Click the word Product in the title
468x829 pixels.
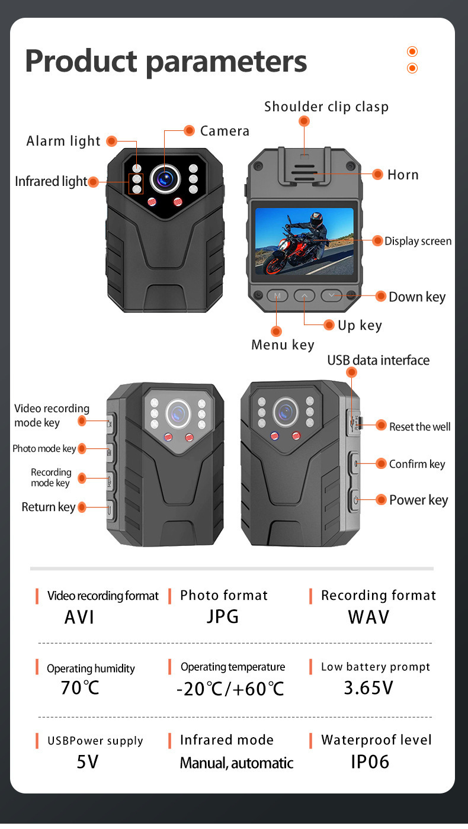79,62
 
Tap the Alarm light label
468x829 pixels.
63,141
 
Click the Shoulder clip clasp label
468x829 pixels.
326,107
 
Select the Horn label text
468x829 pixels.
403,175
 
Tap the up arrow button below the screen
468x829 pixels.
304,295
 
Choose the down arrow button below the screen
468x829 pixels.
332,295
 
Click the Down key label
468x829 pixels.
417,297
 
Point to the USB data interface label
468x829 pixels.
378,361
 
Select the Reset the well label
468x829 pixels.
419,426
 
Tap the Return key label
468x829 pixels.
49,507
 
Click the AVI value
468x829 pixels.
79,617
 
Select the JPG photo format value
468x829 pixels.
223,616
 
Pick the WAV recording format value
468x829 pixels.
368,617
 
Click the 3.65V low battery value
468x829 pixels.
368,687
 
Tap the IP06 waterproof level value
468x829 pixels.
370,761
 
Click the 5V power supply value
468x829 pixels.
87,761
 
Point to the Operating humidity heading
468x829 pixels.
91,669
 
